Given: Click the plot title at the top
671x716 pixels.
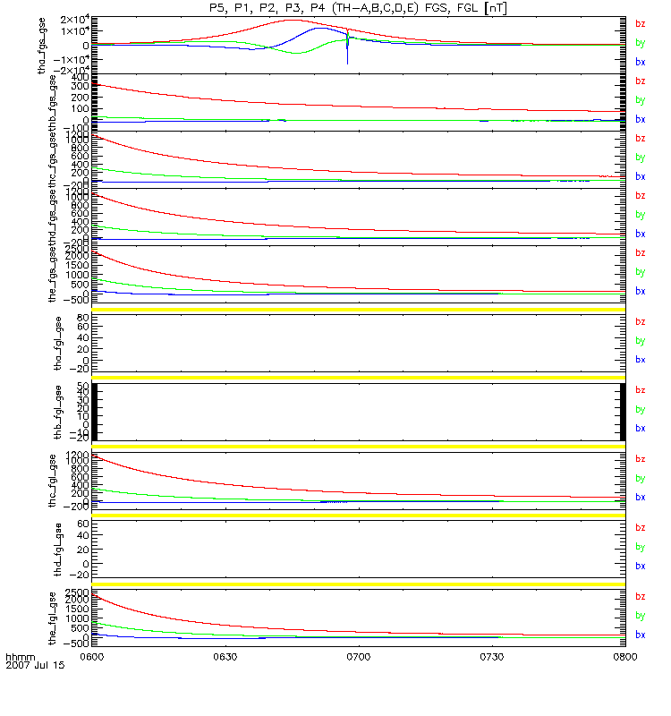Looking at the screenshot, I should coord(355,7).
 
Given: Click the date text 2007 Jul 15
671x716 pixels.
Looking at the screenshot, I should coord(36,666).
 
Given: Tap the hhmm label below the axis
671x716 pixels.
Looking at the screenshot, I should coord(20,657).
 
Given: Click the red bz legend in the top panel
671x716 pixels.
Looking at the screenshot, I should coord(640,24).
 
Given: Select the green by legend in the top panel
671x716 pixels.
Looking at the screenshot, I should coord(640,43).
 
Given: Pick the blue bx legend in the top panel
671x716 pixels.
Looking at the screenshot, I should coord(640,62).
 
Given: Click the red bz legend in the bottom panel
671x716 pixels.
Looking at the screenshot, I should coord(640,596).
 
